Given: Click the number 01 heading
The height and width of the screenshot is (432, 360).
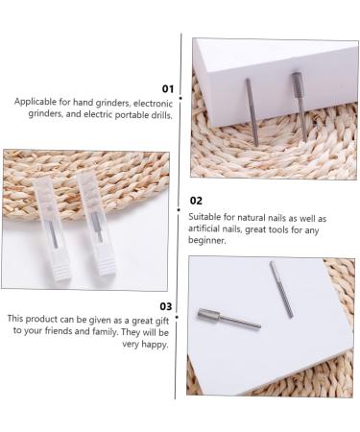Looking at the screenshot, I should [168, 88].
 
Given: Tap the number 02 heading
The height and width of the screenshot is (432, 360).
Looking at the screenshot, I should [196, 202].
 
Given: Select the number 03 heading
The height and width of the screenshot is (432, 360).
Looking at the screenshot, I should [166, 305].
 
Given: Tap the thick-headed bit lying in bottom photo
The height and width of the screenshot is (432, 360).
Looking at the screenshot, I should [228, 319].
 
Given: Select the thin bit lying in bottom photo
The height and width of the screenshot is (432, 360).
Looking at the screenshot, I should [281, 289].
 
